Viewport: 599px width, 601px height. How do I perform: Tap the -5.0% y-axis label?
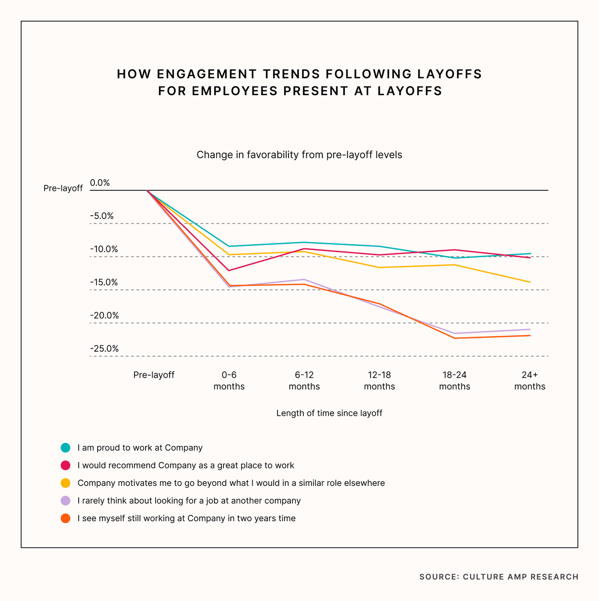(x=102, y=216)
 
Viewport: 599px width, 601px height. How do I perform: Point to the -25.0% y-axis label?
(x=104, y=349)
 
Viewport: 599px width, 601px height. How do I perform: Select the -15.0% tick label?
(x=104, y=283)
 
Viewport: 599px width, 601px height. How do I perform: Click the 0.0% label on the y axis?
(x=100, y=183)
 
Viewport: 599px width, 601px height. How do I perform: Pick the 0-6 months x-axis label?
(x=229, y=381)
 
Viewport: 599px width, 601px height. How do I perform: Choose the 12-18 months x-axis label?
(x=379, y=381)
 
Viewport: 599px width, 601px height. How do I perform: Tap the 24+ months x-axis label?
(x=530, y=381)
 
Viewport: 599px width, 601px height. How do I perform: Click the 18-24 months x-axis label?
(x=455, y=381)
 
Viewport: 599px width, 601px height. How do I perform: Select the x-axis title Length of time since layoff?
(x=329, y=413)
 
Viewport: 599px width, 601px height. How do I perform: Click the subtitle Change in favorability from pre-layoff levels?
(x=299, y=155)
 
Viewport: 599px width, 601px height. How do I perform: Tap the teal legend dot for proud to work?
(x=65, y=448)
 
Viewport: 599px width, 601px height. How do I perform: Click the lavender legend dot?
(x=65, y=500)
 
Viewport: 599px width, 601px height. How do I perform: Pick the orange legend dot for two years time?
(x=65, y=518)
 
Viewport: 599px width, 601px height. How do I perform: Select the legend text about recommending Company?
(x=186, y=466)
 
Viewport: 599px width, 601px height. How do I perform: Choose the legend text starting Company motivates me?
(x=231, y=483)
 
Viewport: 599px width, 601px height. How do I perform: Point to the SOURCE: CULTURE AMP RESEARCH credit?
(x=499, y=577)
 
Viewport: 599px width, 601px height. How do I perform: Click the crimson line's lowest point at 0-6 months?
(x=229, y=271)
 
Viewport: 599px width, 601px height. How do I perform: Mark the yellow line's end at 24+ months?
(x=530, y=282)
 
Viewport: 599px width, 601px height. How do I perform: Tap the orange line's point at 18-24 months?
(x=455, y=338)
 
